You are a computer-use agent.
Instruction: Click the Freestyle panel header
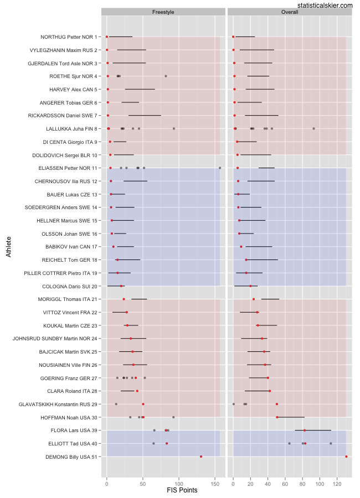[x=163, y=12]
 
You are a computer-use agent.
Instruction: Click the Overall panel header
[x=290, y=12]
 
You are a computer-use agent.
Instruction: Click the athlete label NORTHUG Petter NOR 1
[x=69, y=37]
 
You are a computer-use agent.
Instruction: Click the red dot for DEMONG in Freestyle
[x=201, y=456]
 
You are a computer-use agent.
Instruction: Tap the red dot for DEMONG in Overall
[x=346, y=456]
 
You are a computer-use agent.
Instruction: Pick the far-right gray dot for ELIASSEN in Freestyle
[x=220, y=168]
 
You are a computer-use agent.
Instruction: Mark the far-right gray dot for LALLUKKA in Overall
[x=313, y=128]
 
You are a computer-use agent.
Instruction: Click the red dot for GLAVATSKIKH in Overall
[x=277, y=404]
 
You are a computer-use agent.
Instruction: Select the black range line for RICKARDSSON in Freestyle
[x=145, y=116]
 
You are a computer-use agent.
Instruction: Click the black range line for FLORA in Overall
[x=313, y=430]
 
